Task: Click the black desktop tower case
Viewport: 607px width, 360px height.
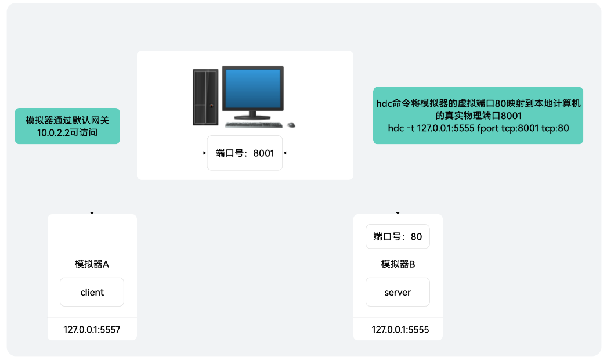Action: point(205,98)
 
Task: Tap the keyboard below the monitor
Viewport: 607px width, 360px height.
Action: point(255,125)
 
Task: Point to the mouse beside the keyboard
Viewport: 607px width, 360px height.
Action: point(291,124)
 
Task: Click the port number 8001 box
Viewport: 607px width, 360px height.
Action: point(245,153)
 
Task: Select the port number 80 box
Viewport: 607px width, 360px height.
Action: point(398,236)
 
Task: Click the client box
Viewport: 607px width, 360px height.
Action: point(92,292)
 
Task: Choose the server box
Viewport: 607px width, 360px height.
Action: point(398,292)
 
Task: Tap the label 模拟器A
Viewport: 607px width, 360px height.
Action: point(92,264)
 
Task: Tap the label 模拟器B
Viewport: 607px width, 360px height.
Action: point(398,264)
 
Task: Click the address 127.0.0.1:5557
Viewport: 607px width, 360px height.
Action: point(92,329)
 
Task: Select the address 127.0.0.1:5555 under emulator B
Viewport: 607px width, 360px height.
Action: point(400,329)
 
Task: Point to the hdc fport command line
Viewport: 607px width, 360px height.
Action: point(478,127)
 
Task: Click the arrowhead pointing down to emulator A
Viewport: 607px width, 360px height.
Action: point(92,213)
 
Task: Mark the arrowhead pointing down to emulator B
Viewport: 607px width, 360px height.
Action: point(398,213)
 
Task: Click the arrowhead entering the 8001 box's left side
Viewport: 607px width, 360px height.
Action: point(205,153)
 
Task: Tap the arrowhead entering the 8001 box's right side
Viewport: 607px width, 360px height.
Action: point(285,153)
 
